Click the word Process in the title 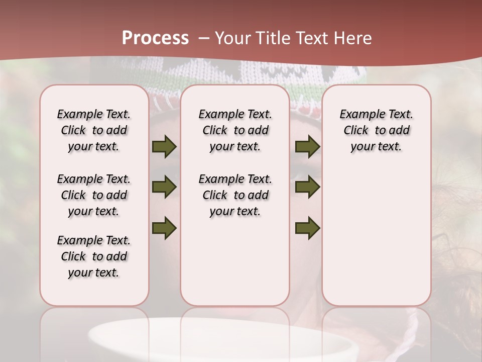click(x=155, y=38)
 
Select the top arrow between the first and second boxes click(x=164, y=146)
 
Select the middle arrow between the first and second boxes click(x=164, y=188)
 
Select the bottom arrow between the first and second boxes click(x=164, y=228)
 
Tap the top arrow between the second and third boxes click(x=307, y=146)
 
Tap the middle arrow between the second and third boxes click(x=307, y=188)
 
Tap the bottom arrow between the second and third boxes click(x=307, y=228)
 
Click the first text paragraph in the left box click(x=94, y=130)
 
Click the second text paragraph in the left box click(x=94, y=195)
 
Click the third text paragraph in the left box click(x=94, y=256)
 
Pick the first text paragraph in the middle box click(x=235, y=130)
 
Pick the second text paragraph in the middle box click(x=235, y=195)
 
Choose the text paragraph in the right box click(x=377, y=130)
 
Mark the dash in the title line click(x=204, y=38)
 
